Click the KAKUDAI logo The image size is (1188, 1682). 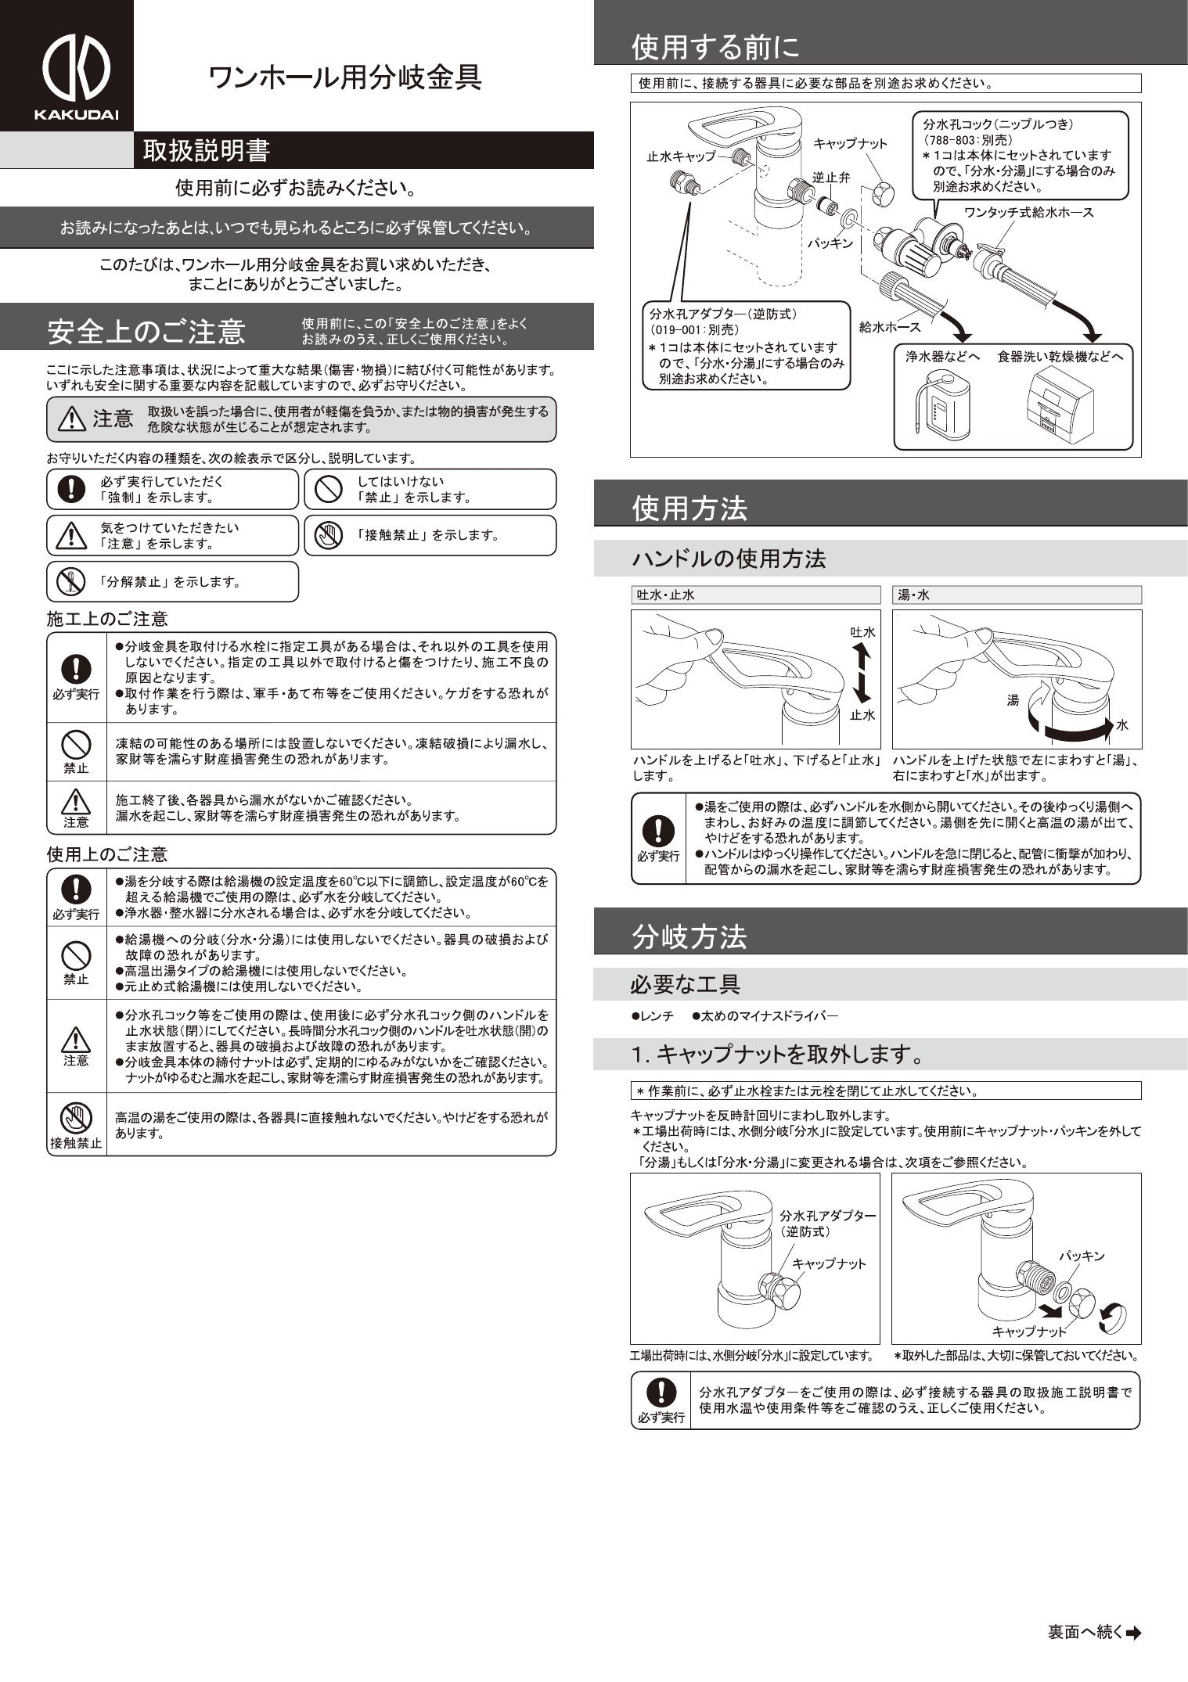coord(75,77)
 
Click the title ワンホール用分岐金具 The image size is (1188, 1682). coord(344,77)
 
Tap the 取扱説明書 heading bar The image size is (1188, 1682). coord(207,151)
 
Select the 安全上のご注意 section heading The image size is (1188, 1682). coord(146,332)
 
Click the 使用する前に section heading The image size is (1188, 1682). coord(715,48)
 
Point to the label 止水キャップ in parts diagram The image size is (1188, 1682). coord(681,156)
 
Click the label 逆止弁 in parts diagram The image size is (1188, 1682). coord(830,178)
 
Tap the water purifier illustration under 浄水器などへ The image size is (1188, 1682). coord(937,405)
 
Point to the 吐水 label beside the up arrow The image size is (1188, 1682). coord(862,632)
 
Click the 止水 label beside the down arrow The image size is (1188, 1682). coord(862,714)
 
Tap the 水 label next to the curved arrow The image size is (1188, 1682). coord(1121,725)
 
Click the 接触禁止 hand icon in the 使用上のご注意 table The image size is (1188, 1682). coord(76,1116)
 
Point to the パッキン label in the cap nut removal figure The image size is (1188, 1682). coord(1082,1256)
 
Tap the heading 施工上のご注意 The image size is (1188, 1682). coord(107,620)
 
